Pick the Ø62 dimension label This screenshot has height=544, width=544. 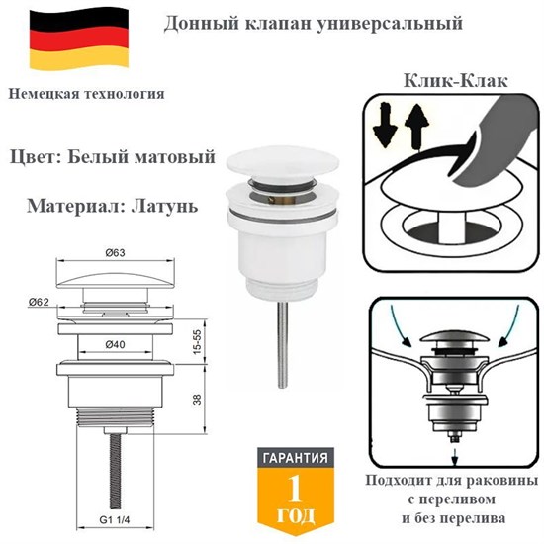click(x=41, y=301)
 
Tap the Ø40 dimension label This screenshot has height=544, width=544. click(x=115, y=343)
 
